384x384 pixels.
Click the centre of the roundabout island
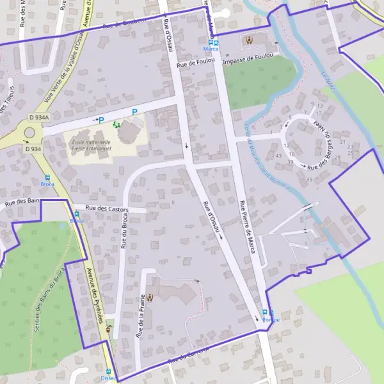pos(29,133)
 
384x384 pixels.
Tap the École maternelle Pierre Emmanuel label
pos(92,145)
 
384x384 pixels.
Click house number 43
pos(278,156)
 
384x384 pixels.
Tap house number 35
pos(309,179)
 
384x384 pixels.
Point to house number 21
pos(342,142)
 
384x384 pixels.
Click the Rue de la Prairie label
pos(140,316)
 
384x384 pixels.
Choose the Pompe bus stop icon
pos(265,312)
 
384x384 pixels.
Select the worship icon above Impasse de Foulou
pos(249,40)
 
